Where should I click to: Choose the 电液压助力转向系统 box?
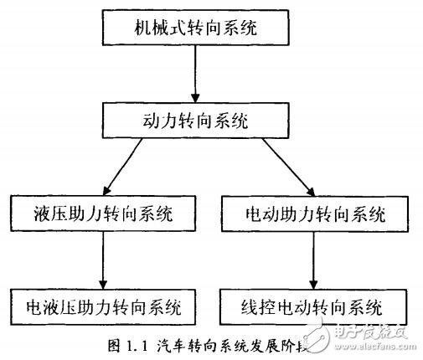click(104, 304)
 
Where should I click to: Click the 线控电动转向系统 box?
click(315, 304)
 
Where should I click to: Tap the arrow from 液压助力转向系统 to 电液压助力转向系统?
click(103, 259)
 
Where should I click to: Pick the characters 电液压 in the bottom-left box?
click(57, 304)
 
